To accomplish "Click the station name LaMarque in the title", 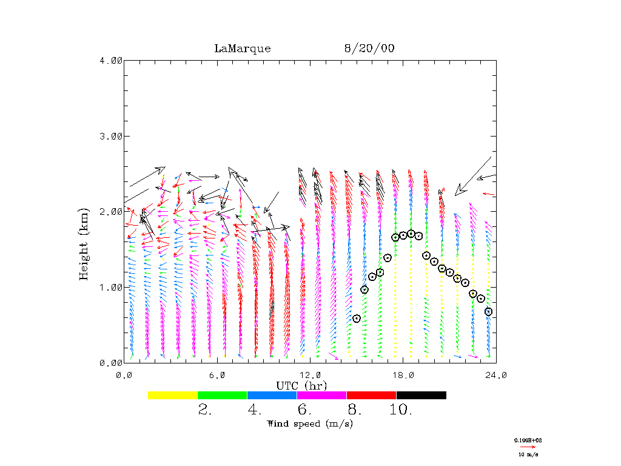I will pyautogui.click(x=243, y=49).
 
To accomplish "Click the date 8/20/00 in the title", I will pyautogui.click(x=369, y=49).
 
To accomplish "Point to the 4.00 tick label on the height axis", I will pyautogui.click(x=111, y=60).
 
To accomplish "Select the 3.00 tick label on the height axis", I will pyautogui.click(x=111, y=136).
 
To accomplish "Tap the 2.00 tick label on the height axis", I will pyautogui.click(x=111, y=211).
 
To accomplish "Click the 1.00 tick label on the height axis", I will pyautogui.click(x=111, y=287).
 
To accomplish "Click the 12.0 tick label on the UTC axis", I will pyautogui.click(x=310, y=375).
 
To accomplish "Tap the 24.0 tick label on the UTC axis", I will pyautogui.click(x=496, y=375).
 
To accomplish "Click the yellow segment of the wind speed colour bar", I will pyautogui.click(x=173, y=395).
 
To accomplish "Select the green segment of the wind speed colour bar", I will pyautogui.click(x=223, y=395).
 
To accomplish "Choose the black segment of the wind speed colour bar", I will pyautogui.click(x=421, y=395).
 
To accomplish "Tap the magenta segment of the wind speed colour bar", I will pyautogui.click(x=322, y=395).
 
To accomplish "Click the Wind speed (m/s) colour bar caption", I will pyautogui.click(x=310, y=424).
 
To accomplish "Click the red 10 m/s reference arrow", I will pyautogui.click(x=528, y=447).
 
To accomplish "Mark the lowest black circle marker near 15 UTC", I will pyautogui.click(x=357, y=319).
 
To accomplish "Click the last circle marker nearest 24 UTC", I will pyautogui.click(x=488, y=312).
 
